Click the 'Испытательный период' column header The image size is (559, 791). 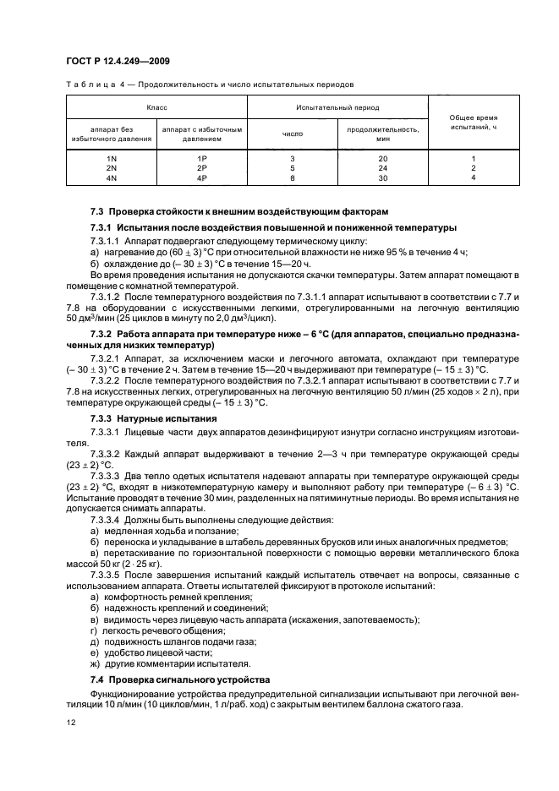337,108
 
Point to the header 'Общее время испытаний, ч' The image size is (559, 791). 473,122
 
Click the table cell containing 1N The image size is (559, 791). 111,159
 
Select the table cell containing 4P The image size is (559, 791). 201,178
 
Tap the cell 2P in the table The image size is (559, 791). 201,168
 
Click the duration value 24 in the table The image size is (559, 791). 382,168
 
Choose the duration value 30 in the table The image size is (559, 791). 382,178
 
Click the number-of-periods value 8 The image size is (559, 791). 292,178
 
